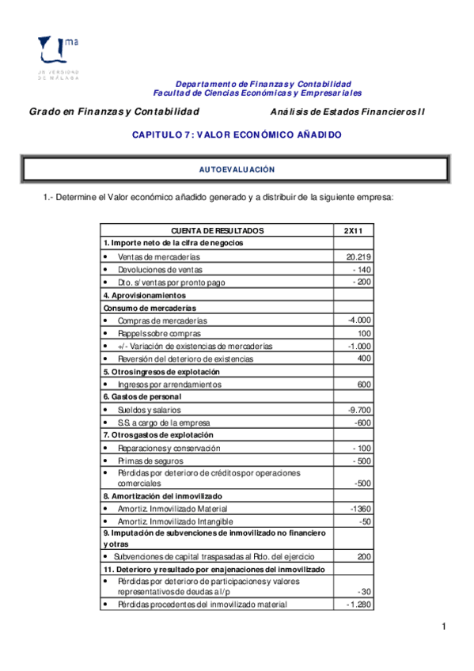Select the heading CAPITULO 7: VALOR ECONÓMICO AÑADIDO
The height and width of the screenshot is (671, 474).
[x=237, y=135]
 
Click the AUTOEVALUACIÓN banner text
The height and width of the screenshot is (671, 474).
[x=236, y=169]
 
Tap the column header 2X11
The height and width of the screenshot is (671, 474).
[x=353, y=230]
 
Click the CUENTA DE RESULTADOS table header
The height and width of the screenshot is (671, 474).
[x=218, y=230]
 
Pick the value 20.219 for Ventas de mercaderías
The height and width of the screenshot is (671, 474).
[x=358, y=257]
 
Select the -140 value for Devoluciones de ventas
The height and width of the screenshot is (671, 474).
[x=362, y=270]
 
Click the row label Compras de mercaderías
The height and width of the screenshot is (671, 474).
[x=162, y=320]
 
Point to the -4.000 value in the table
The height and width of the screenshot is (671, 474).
[x=359, y=320]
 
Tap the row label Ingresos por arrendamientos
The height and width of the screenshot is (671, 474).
[x=169, y=385]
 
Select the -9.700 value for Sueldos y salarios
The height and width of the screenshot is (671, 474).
[x=359, y=410]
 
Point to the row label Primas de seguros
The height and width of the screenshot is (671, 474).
[x=150, y=461]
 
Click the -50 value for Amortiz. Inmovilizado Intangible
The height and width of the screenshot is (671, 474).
[x=365, y=521]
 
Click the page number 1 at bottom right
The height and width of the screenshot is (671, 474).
[x=445, y=627]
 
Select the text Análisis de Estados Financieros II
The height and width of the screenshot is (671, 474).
[x=347, y=112]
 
